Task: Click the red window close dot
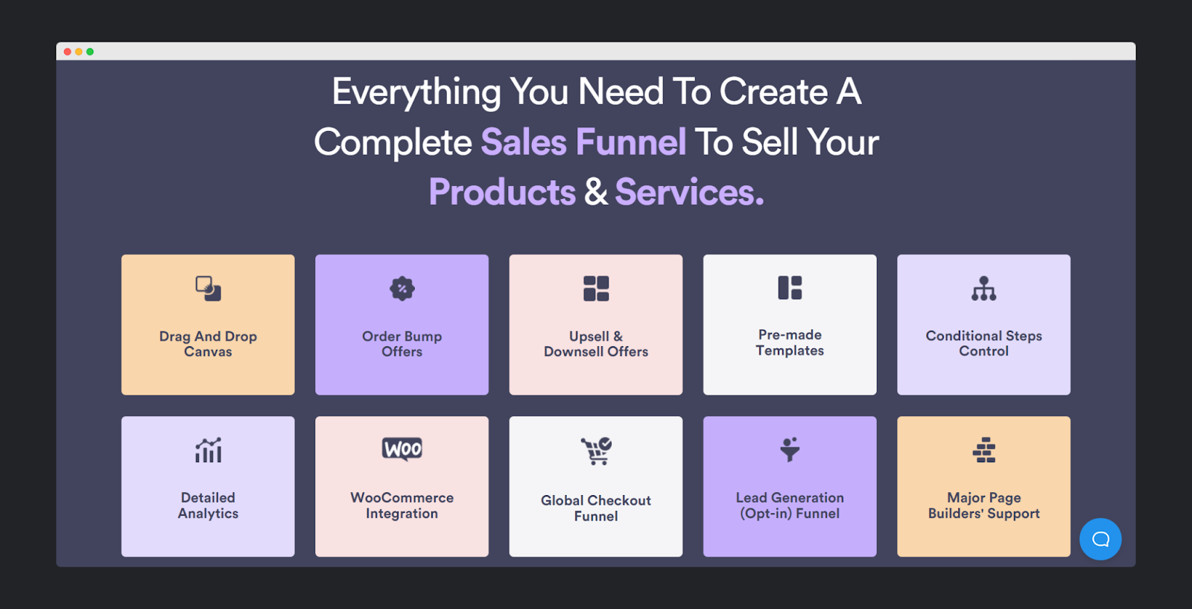click(68, 51)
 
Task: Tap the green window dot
click(90, 51)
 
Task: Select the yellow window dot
click(79, 51)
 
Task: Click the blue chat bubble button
click(1100, 539)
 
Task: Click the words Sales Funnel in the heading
click(583, 142)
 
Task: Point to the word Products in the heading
click(502, 192)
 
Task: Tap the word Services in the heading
click(689, 192)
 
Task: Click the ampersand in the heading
click(595, 192)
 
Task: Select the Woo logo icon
click(402, 449)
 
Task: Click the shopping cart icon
click(596, 450)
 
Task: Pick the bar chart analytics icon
click(208, 450)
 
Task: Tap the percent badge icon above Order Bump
click(402, 289)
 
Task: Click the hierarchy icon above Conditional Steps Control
click(984, 288)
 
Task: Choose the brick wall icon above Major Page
click(984, 450)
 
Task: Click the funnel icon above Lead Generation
click(790, 450)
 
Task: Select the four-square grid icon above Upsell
click(596, 289)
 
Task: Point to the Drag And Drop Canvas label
click(208, 344)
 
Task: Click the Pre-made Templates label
click(790, 342)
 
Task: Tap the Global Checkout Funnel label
click(596, 508)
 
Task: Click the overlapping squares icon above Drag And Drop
click(208, 289)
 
